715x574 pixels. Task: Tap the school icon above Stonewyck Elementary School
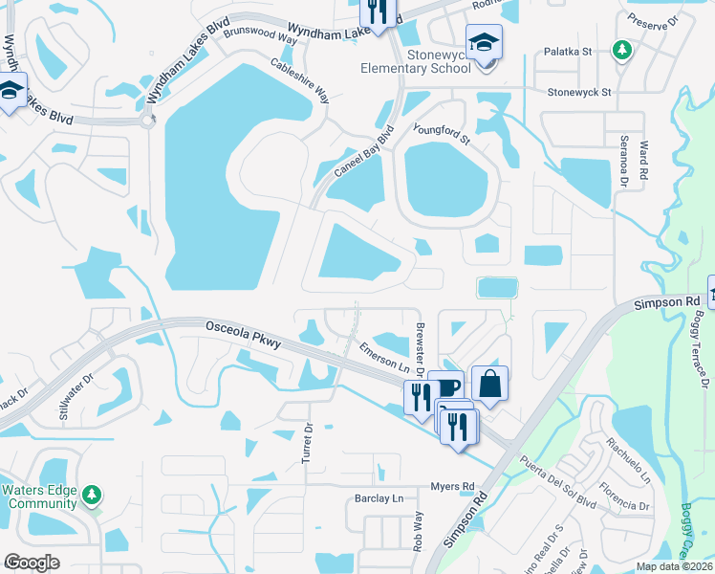(484, 43)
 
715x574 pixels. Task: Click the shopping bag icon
(489, 384)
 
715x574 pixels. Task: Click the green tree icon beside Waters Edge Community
(92, 495)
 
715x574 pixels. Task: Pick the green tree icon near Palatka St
(622, 49)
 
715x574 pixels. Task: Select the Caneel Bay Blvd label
(363, 152)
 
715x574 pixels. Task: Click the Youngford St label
(442, 133)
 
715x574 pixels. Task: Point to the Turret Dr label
(308, 443)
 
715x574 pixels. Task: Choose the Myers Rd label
(452, 486)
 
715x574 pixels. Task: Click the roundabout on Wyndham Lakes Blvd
(147, 121)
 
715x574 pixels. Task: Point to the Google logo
(32, 563)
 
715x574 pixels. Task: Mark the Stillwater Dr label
(77, 398)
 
